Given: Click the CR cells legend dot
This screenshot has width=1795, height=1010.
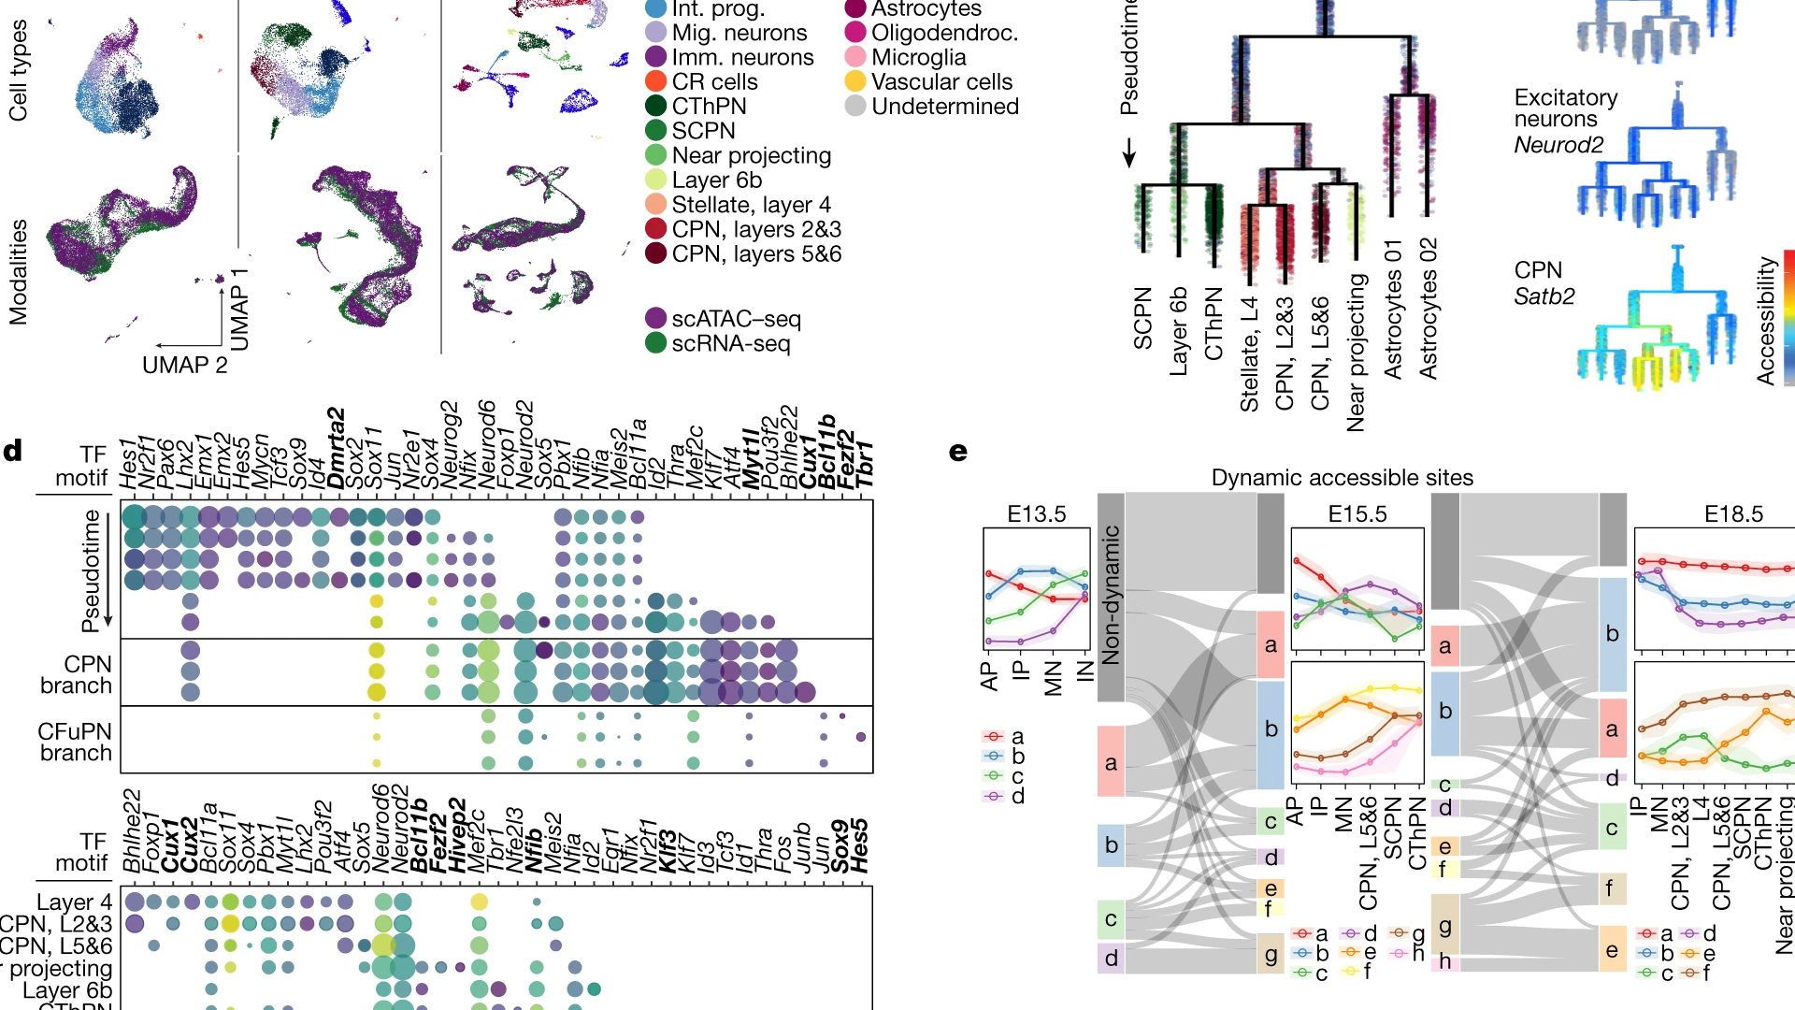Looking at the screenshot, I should (x=656, y=82).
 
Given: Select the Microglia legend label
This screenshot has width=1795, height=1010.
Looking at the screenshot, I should (x=918, y=57).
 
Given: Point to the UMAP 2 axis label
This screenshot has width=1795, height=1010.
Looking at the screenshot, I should (x=184, y=365).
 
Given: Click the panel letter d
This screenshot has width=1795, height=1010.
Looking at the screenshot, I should (x=13, y=451).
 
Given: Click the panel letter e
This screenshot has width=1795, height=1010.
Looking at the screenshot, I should (x=958, y=452).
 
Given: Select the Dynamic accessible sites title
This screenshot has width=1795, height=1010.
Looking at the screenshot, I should (x=1342, y=478).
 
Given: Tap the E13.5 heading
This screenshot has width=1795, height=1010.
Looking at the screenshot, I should (x=1036, y=513).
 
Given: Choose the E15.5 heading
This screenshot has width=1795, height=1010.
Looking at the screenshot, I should (x=1357, y=513).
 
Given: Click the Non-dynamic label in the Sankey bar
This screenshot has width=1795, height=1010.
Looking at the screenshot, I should (x=1111, y=595).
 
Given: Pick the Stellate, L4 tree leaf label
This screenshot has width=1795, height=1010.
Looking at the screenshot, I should (x=1249, y=353).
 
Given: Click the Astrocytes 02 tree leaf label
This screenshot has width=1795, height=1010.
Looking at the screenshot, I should (x=1428, y=309).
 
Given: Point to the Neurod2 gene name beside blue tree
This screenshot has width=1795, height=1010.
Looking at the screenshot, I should (x=1558, y=145).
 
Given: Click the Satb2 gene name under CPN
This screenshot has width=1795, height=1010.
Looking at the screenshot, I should (x=1544, y=296).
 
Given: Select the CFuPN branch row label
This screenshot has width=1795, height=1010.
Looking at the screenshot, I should (x=75, y=742).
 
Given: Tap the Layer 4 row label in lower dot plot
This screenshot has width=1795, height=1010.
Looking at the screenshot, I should (x=74, y=902).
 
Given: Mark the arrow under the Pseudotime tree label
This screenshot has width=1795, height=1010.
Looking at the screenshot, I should (x=1129, y=152).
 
